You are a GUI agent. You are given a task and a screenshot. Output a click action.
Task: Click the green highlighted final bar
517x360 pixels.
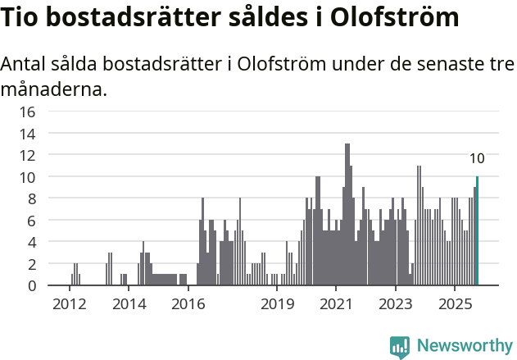click(x=477, y=231)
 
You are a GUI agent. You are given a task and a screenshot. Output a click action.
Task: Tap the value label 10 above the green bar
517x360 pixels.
click(x=477, y=159)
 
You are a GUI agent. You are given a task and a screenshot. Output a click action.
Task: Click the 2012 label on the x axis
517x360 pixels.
click(x=69, y=304)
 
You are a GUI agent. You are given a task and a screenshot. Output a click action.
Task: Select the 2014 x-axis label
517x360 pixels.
click(x=128, y=304)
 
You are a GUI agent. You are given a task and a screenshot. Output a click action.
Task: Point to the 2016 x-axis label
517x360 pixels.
click(x=188, y=304)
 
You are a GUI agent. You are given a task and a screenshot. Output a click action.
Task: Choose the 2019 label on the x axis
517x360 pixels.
click(x=277, y=304)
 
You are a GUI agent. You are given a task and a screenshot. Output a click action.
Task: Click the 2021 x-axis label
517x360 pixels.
click(x=336, y=304)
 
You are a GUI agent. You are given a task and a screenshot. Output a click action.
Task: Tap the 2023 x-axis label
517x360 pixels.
click(x=396, y=304)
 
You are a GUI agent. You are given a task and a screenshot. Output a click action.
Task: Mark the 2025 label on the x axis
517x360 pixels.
click(x=455, y=304)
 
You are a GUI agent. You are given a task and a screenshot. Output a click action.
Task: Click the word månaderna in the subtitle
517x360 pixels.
click(x=54, y=89)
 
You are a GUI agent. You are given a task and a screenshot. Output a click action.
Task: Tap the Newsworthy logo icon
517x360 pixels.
click(x=399, y=346)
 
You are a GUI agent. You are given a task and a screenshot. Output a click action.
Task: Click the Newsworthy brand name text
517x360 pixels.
click(x=464, y=346)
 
